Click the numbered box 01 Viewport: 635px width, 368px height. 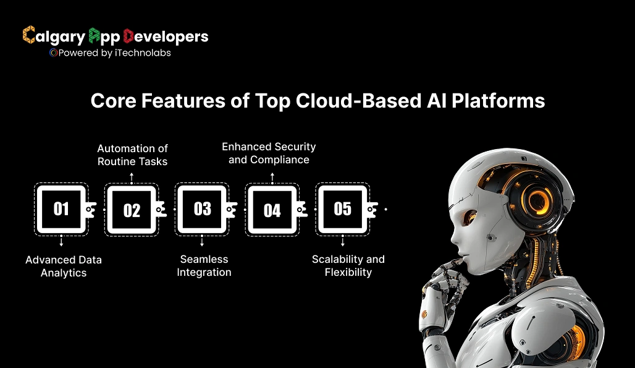61,209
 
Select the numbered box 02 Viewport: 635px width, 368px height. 132,210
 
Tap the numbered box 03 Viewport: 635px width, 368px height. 202,209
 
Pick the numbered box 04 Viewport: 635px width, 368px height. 272,210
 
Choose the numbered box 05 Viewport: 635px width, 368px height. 342,209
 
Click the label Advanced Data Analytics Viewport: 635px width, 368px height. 64,266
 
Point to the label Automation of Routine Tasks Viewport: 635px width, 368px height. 132,155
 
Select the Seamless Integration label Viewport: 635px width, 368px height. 204,265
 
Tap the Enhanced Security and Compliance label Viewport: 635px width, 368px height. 269,153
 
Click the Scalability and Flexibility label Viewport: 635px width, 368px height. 348,265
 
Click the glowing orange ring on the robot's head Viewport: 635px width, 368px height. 539,199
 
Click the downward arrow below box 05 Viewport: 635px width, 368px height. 343,243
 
